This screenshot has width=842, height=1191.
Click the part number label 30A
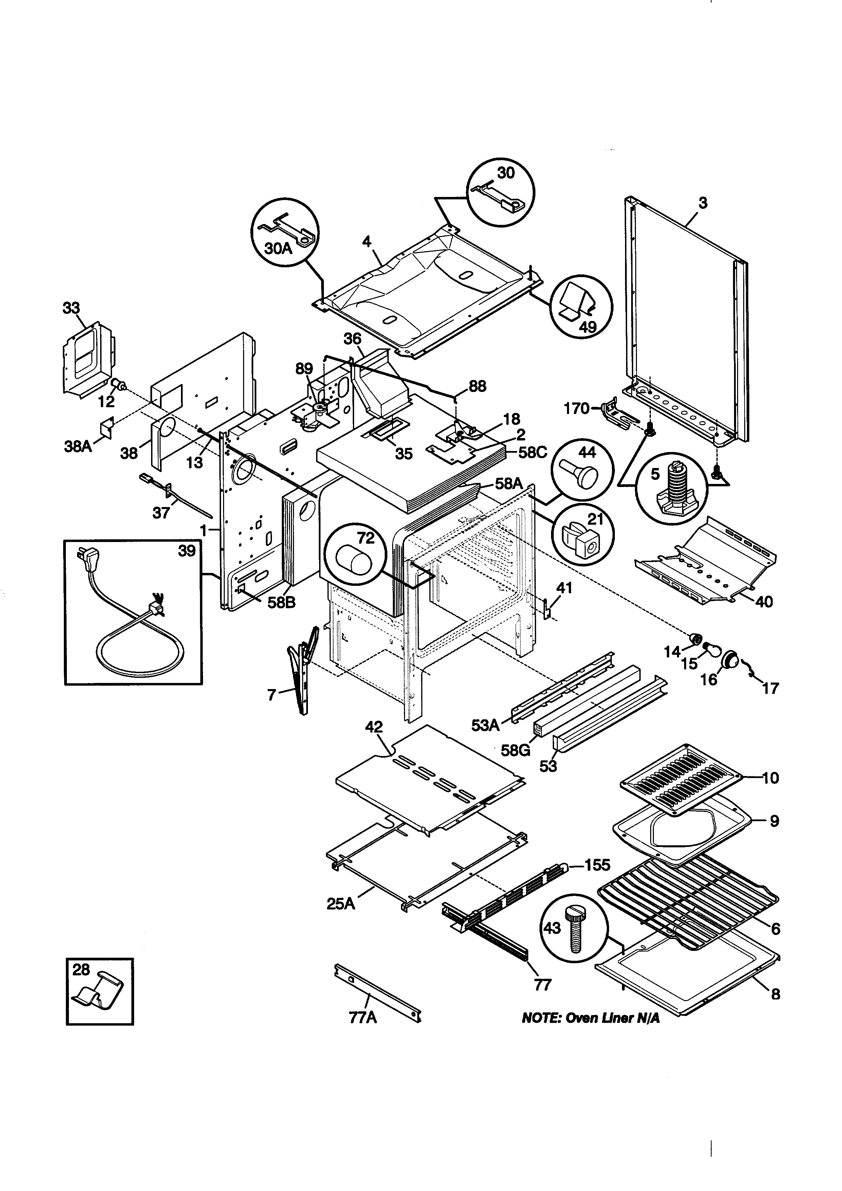point(278,249)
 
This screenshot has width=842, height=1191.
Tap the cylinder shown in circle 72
point(354,560)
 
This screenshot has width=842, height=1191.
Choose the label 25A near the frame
point(341,904)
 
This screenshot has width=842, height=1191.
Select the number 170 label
point(576,409)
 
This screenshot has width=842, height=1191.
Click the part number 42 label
point(374,727)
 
